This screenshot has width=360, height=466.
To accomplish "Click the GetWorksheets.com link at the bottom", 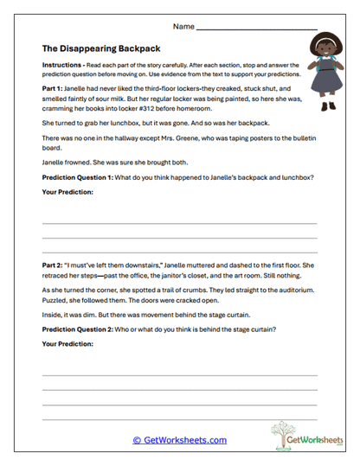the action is click(180, 440).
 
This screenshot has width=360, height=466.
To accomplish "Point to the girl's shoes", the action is click(328, 106).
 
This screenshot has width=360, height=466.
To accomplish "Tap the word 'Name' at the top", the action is click(183, 27).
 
